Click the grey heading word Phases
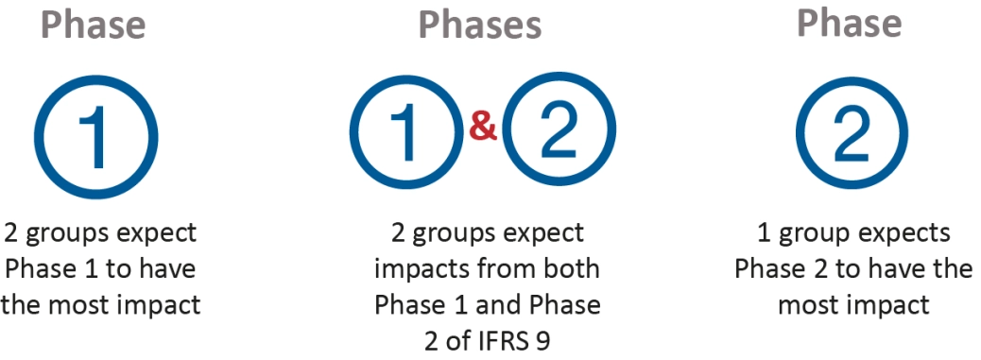(480, 26)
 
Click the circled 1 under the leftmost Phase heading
(95, 136)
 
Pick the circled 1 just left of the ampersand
(406, 136)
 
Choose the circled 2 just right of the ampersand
(559, 136)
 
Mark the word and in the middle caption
(514, 304)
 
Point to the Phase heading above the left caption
(94, 26)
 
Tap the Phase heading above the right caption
(849, 24)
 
